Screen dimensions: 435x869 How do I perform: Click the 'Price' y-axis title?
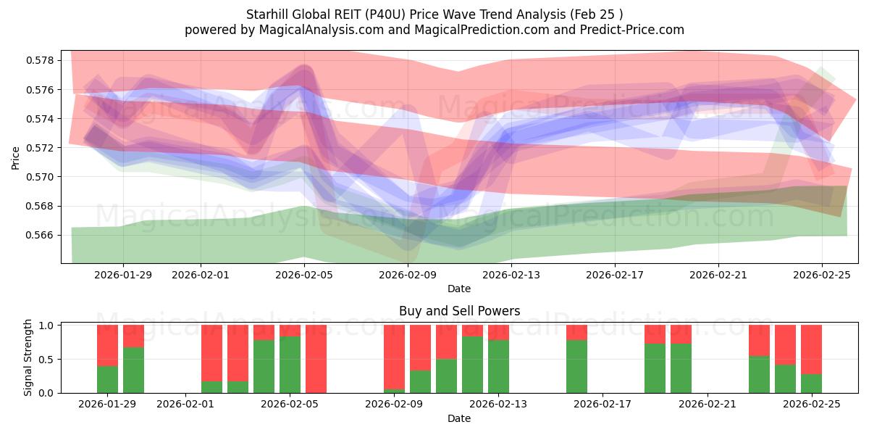coord(15,157)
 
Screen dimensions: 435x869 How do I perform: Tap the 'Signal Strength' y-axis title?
coord(28,357)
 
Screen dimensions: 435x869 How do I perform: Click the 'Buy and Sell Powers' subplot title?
coord(459,311)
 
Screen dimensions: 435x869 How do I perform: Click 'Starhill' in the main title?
coord(269,14)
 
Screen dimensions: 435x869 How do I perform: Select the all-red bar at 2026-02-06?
coord(316,359)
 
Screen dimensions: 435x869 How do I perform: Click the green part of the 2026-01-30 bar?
coord(133,370)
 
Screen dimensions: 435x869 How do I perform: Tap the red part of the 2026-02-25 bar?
coord(811,349)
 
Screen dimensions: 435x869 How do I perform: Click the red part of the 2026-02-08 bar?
coord(394,355)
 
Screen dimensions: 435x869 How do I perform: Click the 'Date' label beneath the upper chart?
coord(459,289)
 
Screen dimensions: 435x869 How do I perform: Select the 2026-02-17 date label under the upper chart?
coord(615,275)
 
